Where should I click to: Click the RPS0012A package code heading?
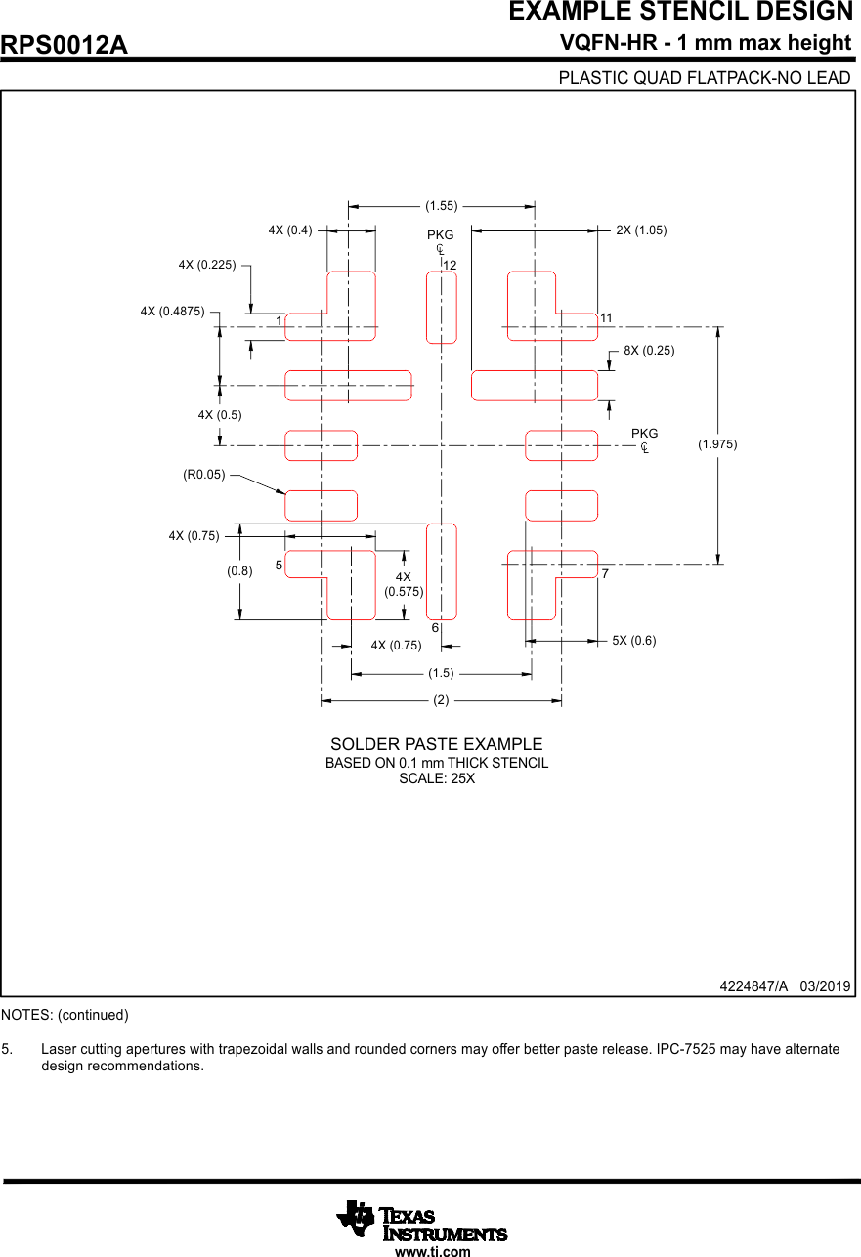tap(65, 45)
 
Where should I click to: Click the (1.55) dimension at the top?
tap(442, 206)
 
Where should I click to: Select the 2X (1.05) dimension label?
tap(641, 230)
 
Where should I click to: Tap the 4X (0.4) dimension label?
tap(290, 230)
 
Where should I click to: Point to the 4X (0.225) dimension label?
tap(207, 265)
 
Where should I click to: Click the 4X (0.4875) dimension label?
tap(172, 312)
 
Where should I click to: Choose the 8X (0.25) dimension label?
tap(649, 350)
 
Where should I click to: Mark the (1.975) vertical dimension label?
tap(717, 444)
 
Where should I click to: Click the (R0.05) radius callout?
tap(204, 475)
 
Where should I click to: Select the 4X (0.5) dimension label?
tap(220, 415)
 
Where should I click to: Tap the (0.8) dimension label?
tap(239, 572)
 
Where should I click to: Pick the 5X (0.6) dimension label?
tap(634, 641)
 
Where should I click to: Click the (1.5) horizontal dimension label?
tap(442, 673)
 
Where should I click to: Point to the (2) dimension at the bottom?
tap(442, 700)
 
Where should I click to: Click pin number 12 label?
tap(450, 265)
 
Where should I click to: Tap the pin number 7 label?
tap(606, 573)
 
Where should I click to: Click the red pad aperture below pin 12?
tap(442, 308)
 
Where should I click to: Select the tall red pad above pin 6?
tap(442, 571)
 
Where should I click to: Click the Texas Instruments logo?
tap(422, 1222)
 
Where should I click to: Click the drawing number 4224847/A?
tap(753, 986)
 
